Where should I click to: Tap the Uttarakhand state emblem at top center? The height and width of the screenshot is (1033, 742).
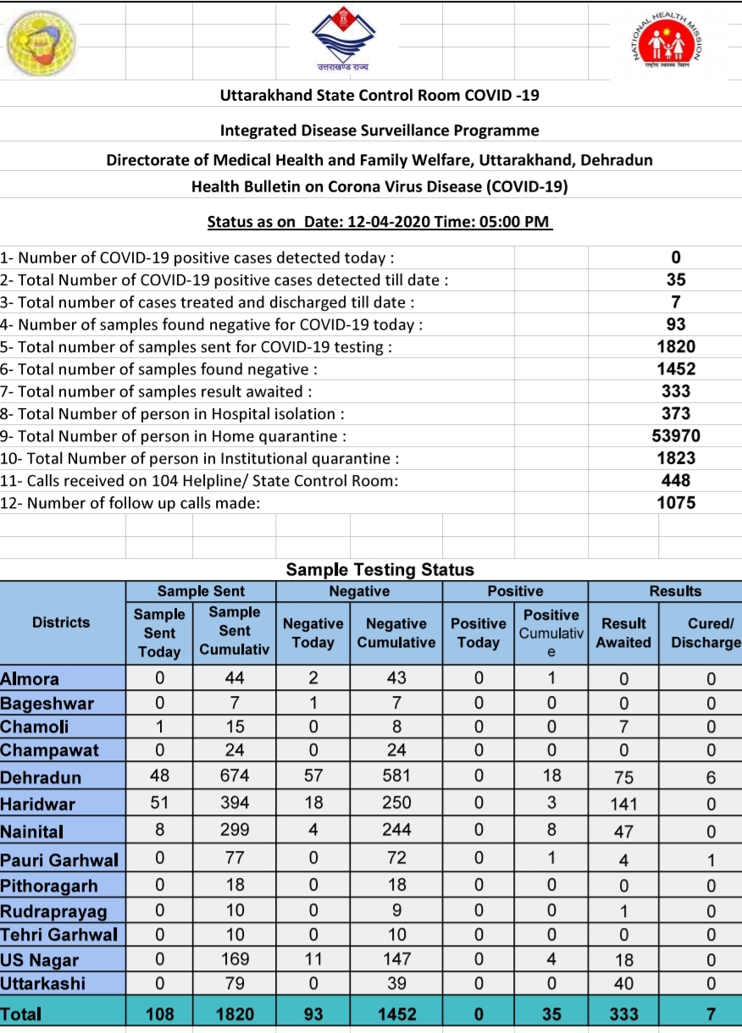[344, 39]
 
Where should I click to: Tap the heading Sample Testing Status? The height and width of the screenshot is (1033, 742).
[379, 569]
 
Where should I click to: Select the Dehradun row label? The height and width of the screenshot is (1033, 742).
[42, 777]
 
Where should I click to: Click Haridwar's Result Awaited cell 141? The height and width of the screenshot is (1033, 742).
[623, 804]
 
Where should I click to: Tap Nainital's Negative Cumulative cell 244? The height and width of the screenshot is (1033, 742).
[396, 831]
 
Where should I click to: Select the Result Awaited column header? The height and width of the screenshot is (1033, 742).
[623, 633]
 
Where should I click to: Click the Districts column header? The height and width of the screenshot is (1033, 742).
[61, 622]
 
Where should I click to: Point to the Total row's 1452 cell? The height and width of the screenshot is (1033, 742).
[396, 1014]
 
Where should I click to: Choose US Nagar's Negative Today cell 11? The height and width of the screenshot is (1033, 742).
[313, 959]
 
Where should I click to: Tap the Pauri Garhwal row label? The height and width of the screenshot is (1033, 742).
[59, 860]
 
